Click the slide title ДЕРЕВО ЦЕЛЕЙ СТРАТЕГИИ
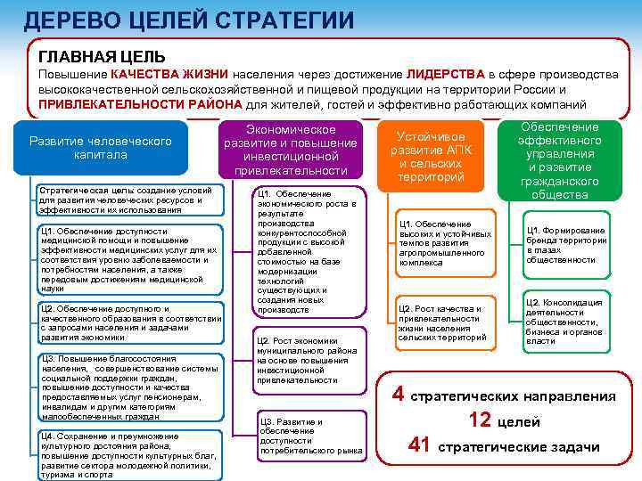[188, 20]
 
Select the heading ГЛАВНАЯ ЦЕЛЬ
[90, 56]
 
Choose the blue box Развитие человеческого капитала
[101, 148]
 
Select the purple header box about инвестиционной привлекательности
[290, 150]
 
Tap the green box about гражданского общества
[559, 161]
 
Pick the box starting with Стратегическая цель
[128, 200]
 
